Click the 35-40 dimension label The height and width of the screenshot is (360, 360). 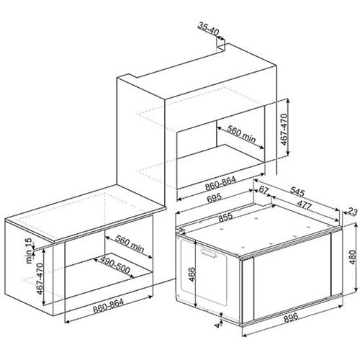209,30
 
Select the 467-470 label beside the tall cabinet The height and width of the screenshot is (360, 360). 284,130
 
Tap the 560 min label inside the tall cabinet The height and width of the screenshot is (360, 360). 241,135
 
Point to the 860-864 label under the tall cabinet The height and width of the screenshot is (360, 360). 220,184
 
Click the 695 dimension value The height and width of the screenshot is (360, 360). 214,197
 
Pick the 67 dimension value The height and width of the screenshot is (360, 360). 264,190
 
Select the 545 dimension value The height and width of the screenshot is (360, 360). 297,192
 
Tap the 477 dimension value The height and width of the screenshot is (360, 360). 305,204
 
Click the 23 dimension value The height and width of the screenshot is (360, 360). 353,212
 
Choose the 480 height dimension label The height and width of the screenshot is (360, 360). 352,257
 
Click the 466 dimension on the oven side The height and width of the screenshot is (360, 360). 192,274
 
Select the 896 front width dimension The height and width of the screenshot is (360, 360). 291,318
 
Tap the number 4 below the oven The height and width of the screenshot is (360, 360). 218,325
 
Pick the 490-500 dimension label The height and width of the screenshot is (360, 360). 115,266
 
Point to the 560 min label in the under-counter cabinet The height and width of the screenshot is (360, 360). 130,243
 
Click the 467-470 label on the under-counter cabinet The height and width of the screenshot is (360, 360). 40,279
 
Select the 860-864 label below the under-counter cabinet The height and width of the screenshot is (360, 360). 108,306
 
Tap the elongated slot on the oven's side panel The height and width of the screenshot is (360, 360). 208,253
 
